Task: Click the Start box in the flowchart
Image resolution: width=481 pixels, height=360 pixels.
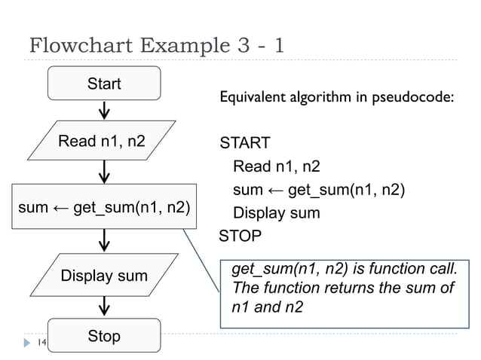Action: [104, 84]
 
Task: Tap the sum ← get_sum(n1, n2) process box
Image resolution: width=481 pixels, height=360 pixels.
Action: [103, 205]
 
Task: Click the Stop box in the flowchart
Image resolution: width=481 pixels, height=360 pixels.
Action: [104, 336]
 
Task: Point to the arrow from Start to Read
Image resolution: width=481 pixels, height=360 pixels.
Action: [103, 110]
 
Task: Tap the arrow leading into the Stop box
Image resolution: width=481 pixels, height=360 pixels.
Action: [103, 306]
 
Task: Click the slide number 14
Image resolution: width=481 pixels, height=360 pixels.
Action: [42, 343]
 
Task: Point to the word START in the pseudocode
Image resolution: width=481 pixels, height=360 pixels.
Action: [244, 143]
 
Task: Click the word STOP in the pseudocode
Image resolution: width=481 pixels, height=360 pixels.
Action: [240, 236]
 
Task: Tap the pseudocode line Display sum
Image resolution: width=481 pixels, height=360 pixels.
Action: [276, 213]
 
